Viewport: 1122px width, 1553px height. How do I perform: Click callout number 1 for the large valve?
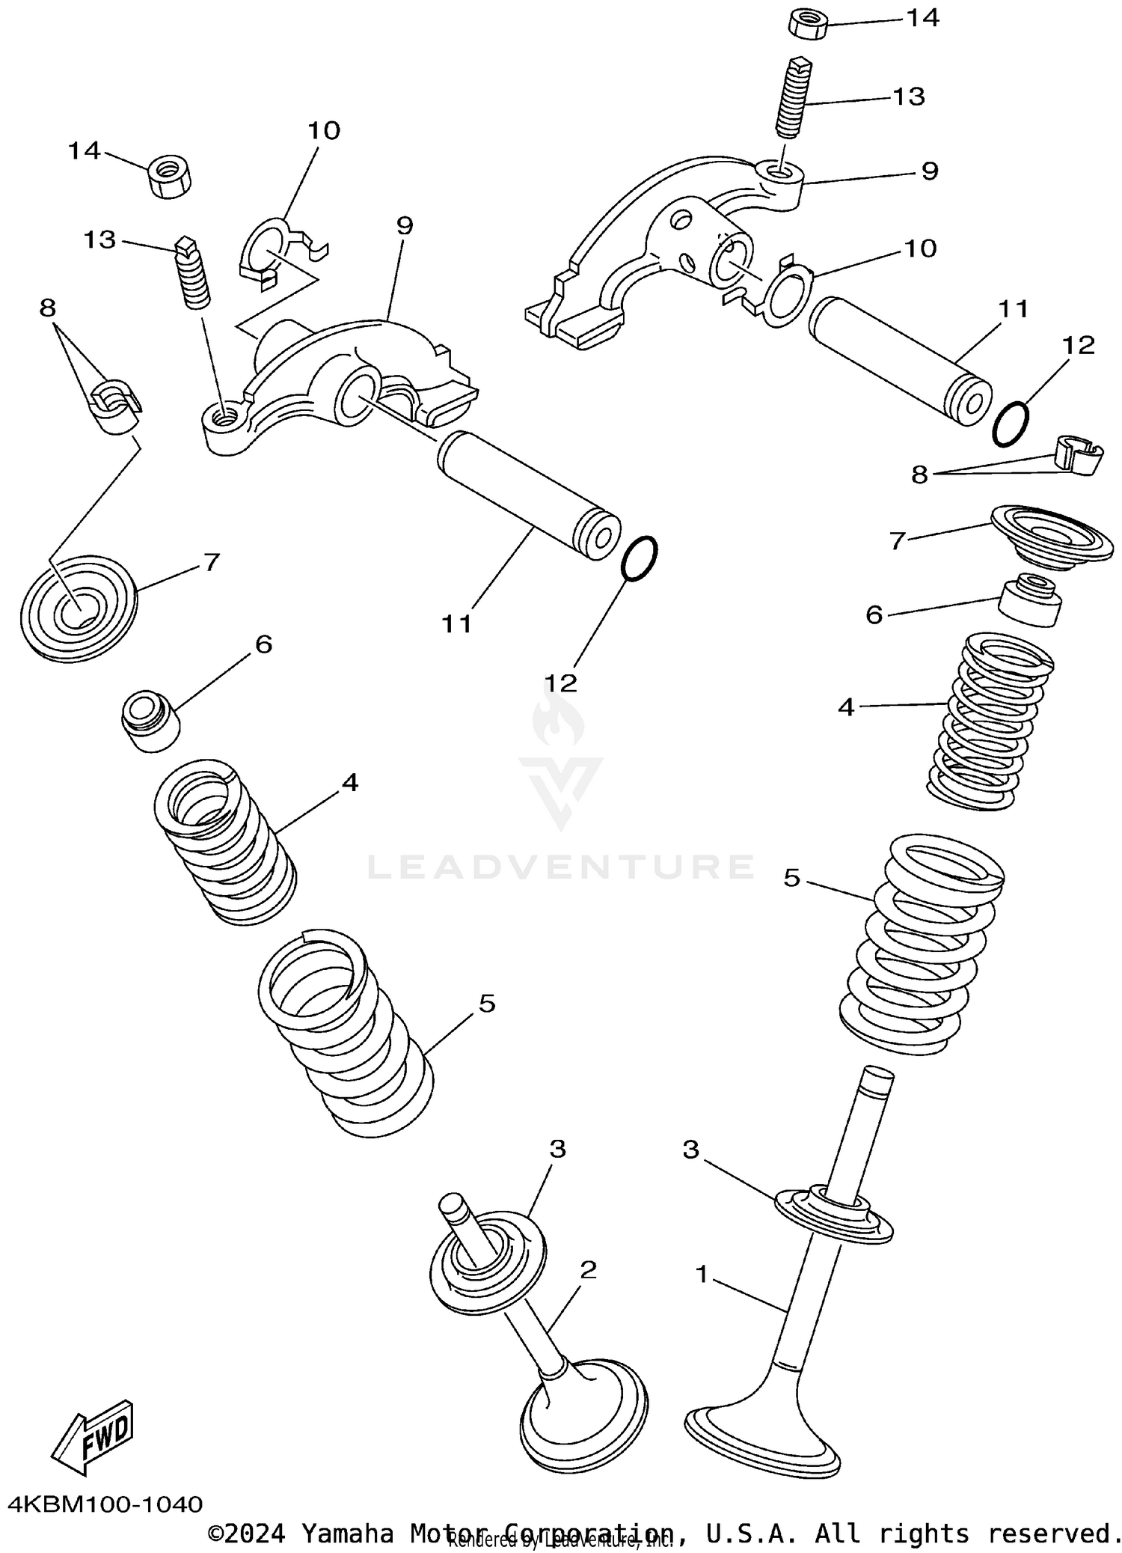coord(701,1272)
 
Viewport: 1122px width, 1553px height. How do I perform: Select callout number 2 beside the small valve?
coord(589,1269)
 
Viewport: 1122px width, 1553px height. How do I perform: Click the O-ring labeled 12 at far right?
coord(1011,424)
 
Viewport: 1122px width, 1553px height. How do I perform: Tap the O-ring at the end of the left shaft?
coord(640,558)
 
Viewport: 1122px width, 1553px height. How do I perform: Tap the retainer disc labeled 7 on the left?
coord(78,607)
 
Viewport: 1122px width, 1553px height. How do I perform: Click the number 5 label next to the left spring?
coord(487,1004)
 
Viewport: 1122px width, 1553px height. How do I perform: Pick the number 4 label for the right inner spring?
coord(845,707)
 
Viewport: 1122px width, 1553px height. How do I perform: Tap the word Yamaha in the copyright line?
coord(347,1533)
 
